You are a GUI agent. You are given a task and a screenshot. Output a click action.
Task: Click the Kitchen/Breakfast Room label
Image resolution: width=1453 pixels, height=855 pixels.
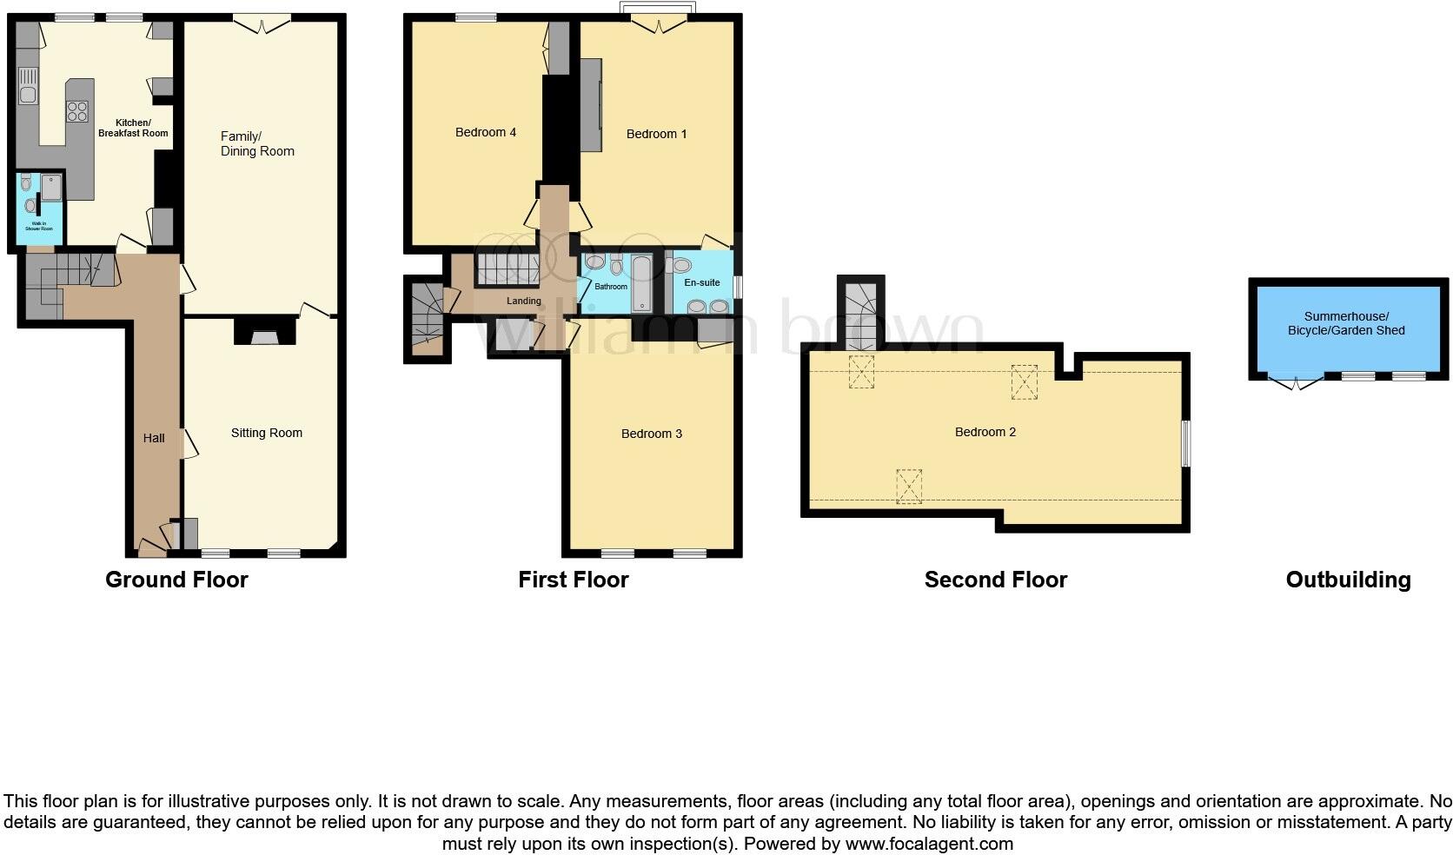pos(133,128)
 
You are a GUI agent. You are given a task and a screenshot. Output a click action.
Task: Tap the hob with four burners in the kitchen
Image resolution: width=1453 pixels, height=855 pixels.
pos(77,111)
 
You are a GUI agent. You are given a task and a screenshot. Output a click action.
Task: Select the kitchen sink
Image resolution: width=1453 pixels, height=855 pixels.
pos(27,86)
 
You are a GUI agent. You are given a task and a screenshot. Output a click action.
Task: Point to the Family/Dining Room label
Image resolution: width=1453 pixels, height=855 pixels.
pos(257,143)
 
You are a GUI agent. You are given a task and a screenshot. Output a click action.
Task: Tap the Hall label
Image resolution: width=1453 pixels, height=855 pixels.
pos(154,438)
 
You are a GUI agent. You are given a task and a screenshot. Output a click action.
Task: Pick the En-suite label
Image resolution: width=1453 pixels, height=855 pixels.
pos(702,282)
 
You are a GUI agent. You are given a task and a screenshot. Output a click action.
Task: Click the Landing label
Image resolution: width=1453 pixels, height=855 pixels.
pos(524,301)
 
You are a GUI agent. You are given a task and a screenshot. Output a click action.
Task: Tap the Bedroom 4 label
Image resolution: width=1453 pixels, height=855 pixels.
pos(486,132)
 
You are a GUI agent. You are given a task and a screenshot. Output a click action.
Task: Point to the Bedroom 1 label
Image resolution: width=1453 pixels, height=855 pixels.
pos(657,134)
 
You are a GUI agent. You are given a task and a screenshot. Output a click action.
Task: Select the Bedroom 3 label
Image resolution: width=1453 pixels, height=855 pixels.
pos(652,434)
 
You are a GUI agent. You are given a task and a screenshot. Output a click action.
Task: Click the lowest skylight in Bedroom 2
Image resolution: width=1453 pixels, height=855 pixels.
pos(909,486)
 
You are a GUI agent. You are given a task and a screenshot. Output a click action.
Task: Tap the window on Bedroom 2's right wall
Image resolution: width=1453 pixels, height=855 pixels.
pos(1186,443)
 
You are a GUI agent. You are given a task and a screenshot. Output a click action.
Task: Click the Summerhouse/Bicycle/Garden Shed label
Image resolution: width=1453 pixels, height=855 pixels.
pos(1346,323)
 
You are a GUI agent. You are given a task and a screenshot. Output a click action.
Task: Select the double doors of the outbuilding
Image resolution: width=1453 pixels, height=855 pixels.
pos(1296,381)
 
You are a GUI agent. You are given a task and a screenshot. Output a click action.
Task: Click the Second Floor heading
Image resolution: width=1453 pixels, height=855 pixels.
pos(996,580)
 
